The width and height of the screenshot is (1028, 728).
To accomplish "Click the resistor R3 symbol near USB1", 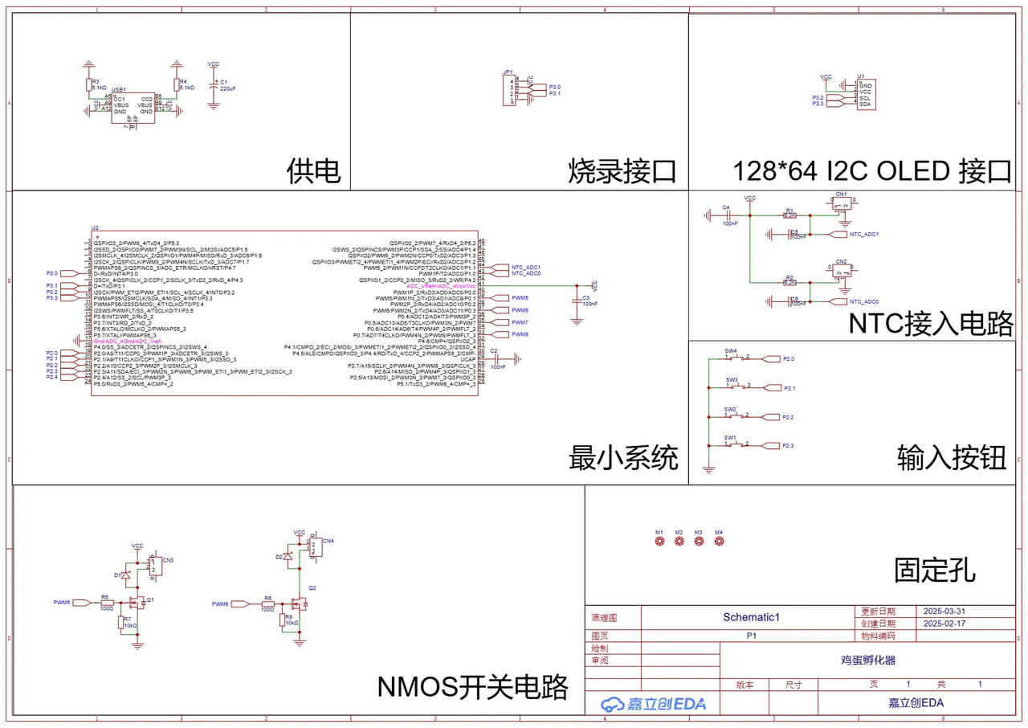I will click(88, 85).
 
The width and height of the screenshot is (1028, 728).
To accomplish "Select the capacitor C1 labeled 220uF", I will click(213, 84).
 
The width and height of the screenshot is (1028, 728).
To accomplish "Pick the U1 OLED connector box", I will click(866, 95).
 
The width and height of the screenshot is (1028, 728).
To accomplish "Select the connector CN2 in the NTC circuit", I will click(841, 273).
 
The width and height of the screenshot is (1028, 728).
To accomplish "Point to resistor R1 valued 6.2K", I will click(789, 215).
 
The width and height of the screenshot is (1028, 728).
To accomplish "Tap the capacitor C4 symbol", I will click(726, 215).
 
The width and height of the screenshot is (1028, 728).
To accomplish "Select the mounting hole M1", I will click(659, 542).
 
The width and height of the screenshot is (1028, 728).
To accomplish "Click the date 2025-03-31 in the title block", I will click(944, 611).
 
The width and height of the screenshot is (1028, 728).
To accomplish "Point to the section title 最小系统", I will click(623, 458).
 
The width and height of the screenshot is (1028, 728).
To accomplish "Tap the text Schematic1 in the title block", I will click(752, 617).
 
